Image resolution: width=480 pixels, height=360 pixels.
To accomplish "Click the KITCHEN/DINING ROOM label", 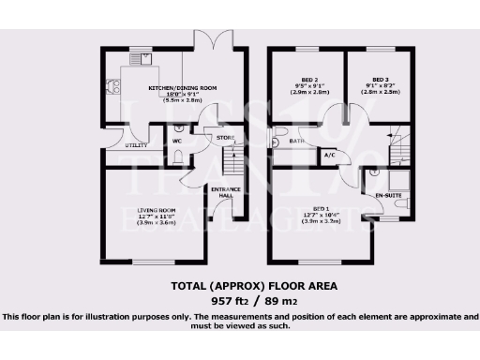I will [x=183, y=87].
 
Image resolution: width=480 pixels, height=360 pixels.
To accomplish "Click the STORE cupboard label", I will [x=225, y=139].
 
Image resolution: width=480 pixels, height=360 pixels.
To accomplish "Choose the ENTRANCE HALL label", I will [x=225, y=194].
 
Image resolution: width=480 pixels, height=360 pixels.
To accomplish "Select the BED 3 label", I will [x=380, y=80].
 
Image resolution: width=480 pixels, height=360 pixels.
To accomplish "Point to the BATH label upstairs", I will [x=297, y=142].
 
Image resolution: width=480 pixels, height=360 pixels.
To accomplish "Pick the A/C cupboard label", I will [x=329, y=154].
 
